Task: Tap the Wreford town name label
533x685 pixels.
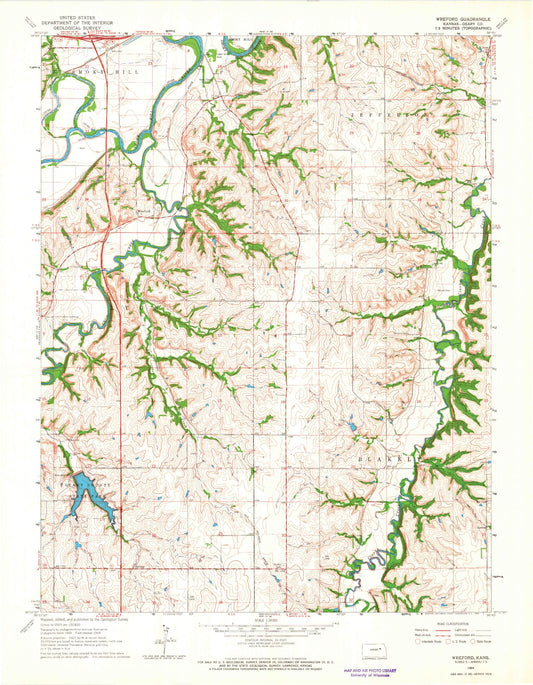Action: coord(144,211)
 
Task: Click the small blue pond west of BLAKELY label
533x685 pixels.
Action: coord(352,431)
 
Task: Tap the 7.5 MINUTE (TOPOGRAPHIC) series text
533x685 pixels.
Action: coord(456,30)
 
